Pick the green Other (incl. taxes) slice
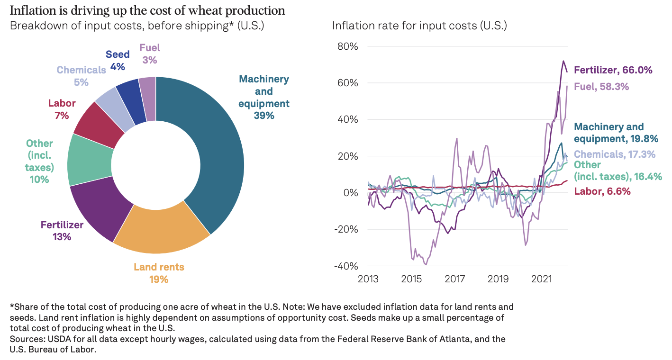(90, 161)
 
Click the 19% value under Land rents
(159, 279)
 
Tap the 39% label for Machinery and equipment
(263, 115)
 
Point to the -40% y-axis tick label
(346, 266)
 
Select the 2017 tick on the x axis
(455, 278)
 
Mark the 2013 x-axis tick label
(368, 278)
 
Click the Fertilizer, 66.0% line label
(613, 70)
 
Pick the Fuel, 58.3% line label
(601, 87)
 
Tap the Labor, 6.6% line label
(602, 191)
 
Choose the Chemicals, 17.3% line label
(615, 154)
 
